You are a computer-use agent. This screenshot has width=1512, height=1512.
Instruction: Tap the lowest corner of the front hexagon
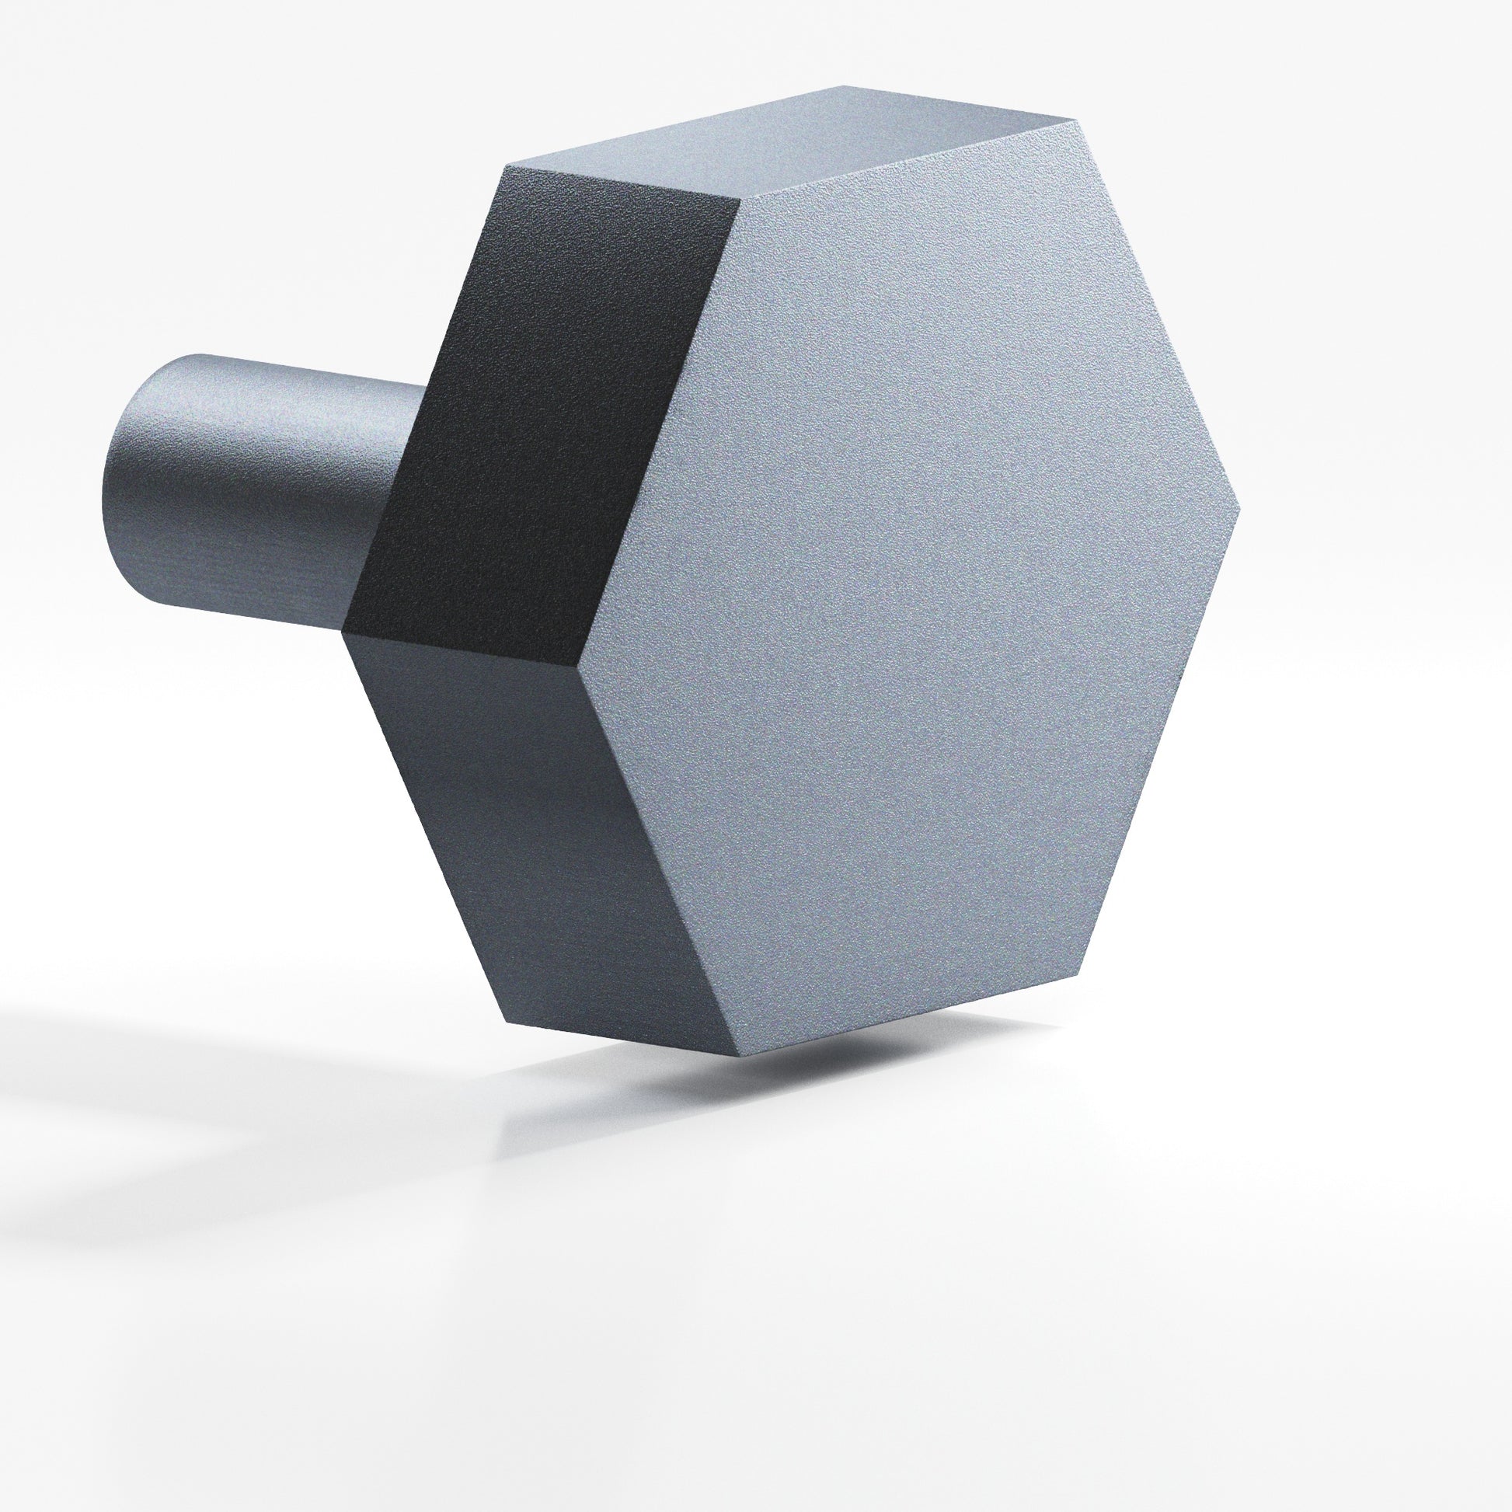(737, 1057)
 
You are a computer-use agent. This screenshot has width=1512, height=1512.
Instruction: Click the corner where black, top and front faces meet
(740, 197)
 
